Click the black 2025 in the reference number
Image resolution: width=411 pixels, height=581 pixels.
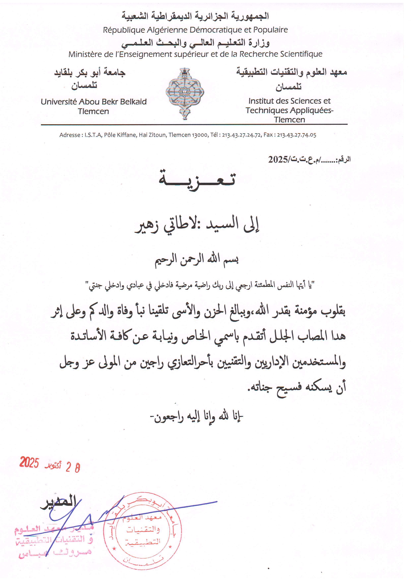pos(278,159)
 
